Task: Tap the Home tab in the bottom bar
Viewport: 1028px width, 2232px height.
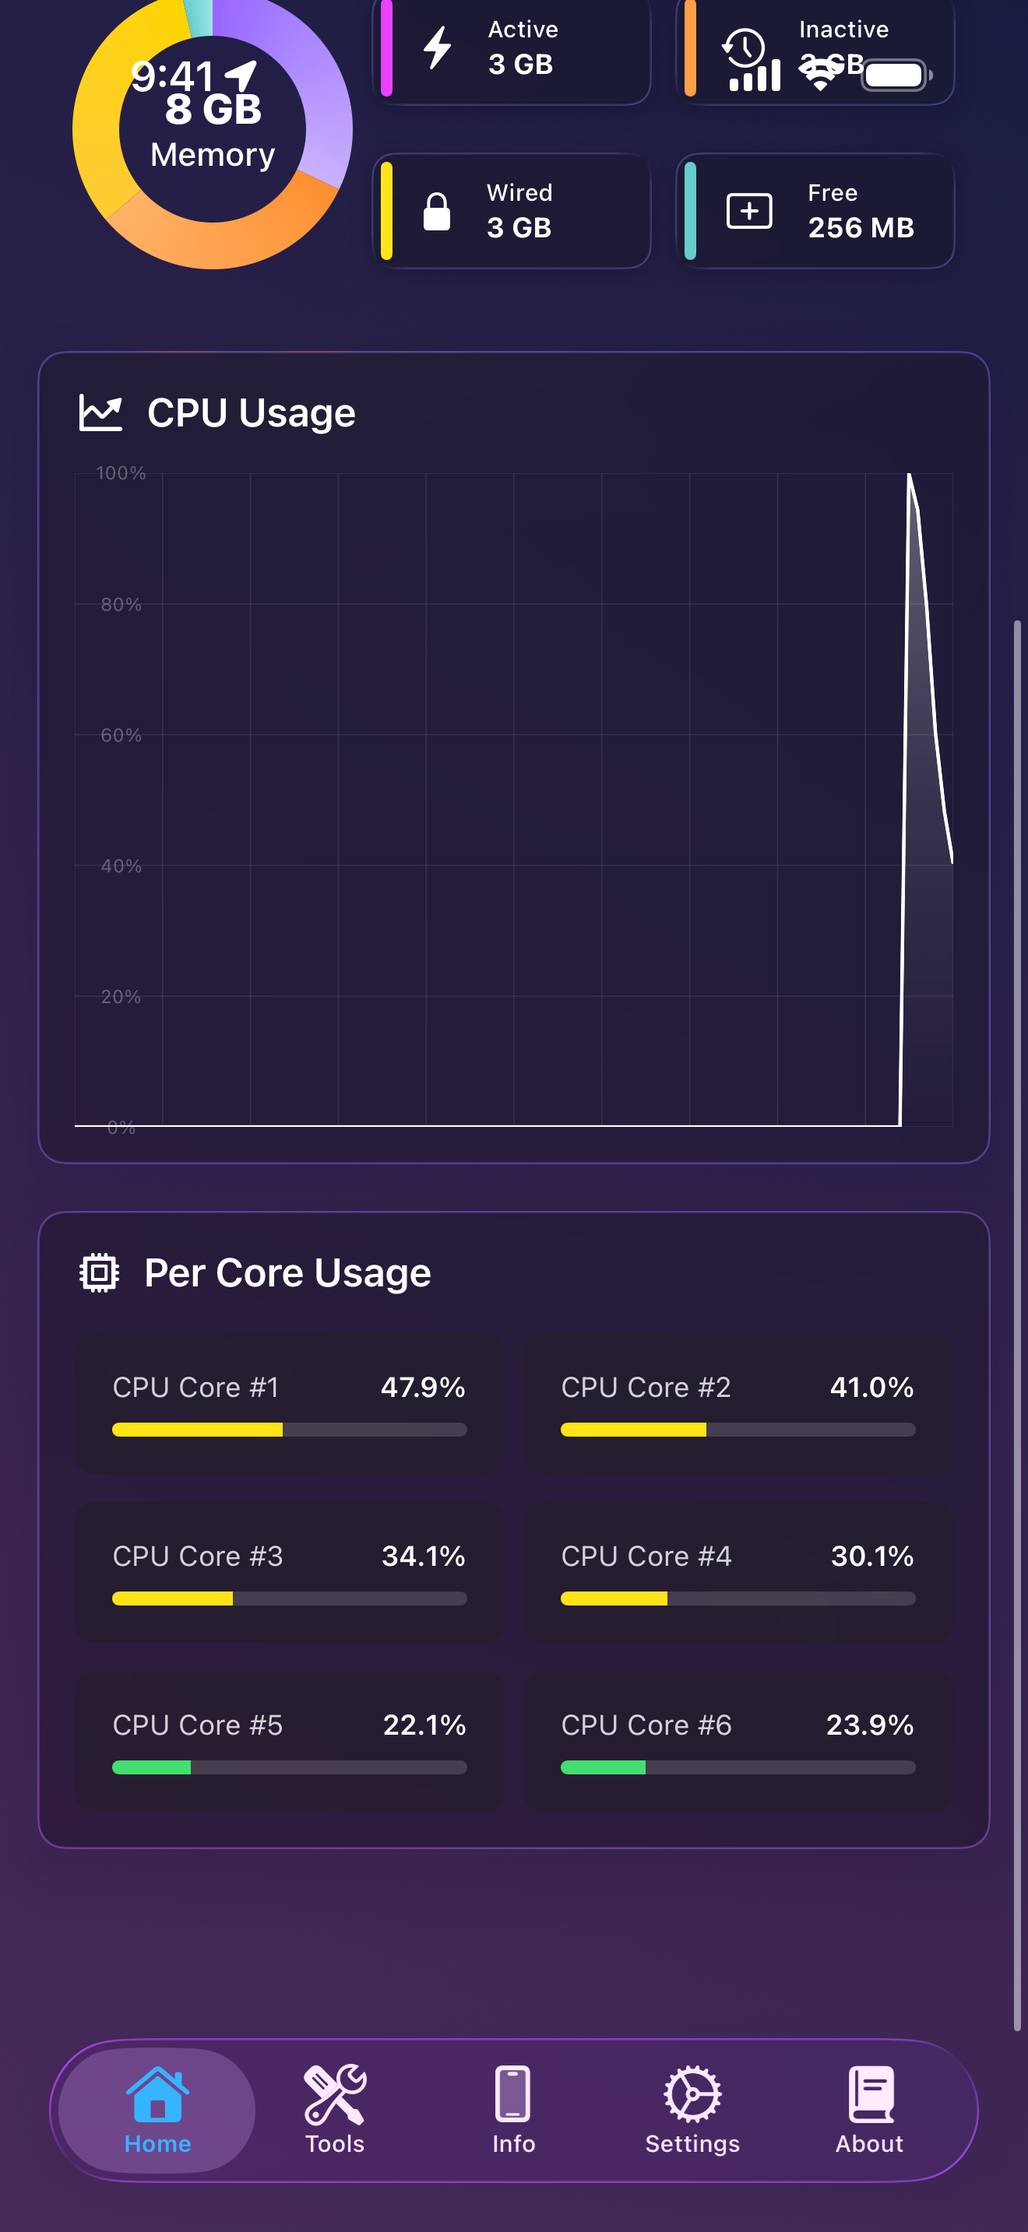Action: (157, 2109)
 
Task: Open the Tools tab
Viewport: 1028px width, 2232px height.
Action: (335, 2109)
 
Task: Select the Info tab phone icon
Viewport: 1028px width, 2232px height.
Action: (513, 2094)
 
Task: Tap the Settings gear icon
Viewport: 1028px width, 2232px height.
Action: (692, 2094)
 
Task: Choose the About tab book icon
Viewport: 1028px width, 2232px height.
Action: (870, 2094)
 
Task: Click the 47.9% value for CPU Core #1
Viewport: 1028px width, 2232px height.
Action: (423, 1387)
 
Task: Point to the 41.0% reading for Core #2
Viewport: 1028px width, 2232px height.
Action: (871, 1387)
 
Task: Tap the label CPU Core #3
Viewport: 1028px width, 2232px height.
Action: (198, 1556)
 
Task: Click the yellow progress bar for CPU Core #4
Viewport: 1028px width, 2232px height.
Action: (614, 1599)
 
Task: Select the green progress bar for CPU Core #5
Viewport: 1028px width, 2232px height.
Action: (152, 1767)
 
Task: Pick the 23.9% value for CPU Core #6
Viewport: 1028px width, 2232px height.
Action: (869, 1725)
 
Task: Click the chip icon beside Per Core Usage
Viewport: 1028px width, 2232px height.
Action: (100, 1273)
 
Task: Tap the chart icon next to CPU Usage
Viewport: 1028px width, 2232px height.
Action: (100, 412)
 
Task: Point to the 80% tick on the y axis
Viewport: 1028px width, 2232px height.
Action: (121, 605)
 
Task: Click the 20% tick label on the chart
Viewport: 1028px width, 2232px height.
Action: (121, 997)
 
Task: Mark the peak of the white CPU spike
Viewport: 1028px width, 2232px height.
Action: (908, 475)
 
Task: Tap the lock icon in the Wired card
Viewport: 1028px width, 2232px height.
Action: (436, 212)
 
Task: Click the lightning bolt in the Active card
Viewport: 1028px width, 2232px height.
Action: (438, 47)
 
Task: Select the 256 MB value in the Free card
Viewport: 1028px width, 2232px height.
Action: (861, 228)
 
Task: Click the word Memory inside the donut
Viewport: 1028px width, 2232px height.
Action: (213, 155)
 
